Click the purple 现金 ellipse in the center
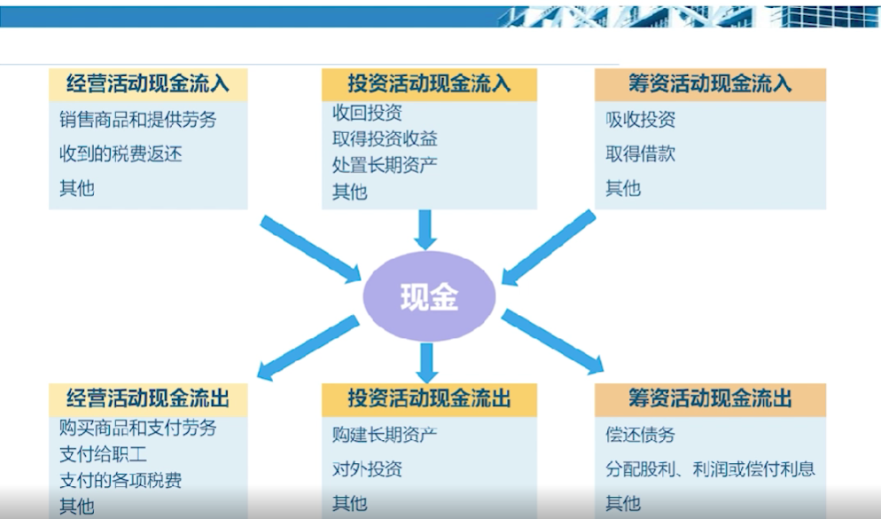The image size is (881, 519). (x=429, y=296)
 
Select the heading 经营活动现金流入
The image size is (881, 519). (x=148, y=84)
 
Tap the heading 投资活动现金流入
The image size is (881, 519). (x=429, y=84)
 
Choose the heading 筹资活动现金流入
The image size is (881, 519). (x=710, y=84)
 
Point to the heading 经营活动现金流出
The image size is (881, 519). (x=148, y=398)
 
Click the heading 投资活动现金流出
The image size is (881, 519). (x=429, y=398)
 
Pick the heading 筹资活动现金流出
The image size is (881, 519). (x=710, y=398)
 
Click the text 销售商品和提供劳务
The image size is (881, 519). (x=138, y=119)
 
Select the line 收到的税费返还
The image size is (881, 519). (x=121, y=153)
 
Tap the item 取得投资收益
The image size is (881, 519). (x=385, y=139)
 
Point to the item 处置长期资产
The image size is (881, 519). (x=385, y=165)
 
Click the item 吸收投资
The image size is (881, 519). (x=641, y=119)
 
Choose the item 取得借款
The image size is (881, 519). (x=641, y=153)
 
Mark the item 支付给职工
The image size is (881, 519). (x=104, y=453)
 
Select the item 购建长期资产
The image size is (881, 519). (x=385, y=434)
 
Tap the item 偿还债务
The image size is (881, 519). (x=641, y=434)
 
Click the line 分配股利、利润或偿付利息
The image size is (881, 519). (x=710, y=469)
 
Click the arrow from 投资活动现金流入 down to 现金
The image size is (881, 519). (x=425, y=230)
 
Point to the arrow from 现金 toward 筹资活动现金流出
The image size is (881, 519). (x=552, y=342)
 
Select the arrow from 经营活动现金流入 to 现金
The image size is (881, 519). (x=311, y=249)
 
